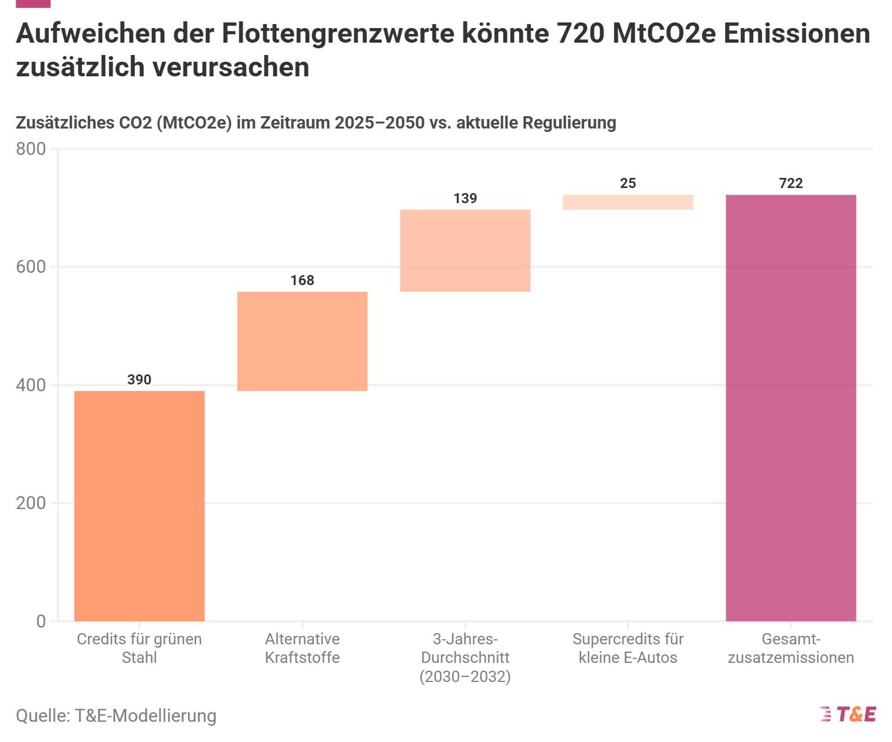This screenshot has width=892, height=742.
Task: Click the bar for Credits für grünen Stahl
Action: pos(139,505)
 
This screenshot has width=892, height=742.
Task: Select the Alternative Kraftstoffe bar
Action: pos(302,341)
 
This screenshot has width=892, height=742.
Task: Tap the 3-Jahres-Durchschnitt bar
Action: pos(465,250)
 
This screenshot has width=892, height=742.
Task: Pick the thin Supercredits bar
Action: pos(628,202)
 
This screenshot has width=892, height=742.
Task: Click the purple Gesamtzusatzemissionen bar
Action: pos(791,407)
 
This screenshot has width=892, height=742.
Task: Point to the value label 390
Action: pos(139,379)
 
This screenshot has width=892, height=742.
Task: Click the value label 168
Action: pos(302,280)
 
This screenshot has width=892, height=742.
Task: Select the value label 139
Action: pos(465,198)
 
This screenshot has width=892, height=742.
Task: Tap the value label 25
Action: pos(628,183)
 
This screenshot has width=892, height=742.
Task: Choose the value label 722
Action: pos(791,183)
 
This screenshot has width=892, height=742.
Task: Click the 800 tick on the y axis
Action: pos(31,149)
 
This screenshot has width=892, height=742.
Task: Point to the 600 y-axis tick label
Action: pos(31,267)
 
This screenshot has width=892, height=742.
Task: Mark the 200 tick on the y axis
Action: pos(31,503)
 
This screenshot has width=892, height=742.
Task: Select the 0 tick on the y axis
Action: pos(41,621)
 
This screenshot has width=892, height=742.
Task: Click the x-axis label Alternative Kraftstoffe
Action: pos(302,648)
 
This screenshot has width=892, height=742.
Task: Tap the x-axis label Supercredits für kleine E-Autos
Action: pos(628,648)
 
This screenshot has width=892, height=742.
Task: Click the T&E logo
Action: pos(848,714)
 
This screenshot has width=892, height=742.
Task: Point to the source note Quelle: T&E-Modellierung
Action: pos(116,716)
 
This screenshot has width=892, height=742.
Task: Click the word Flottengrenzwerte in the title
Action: pos(338,34)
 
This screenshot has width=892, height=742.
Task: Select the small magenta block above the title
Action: pos(33,3)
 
